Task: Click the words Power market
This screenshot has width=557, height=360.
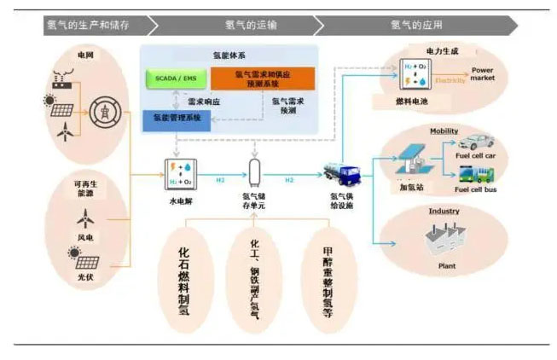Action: coord(483,73)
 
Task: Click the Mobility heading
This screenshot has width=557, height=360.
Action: coord(444,131)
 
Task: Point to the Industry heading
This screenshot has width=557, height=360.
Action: coord(444,211)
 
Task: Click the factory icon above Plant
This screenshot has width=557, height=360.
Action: coord(443,240)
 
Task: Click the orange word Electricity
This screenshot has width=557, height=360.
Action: coord(450,81)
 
